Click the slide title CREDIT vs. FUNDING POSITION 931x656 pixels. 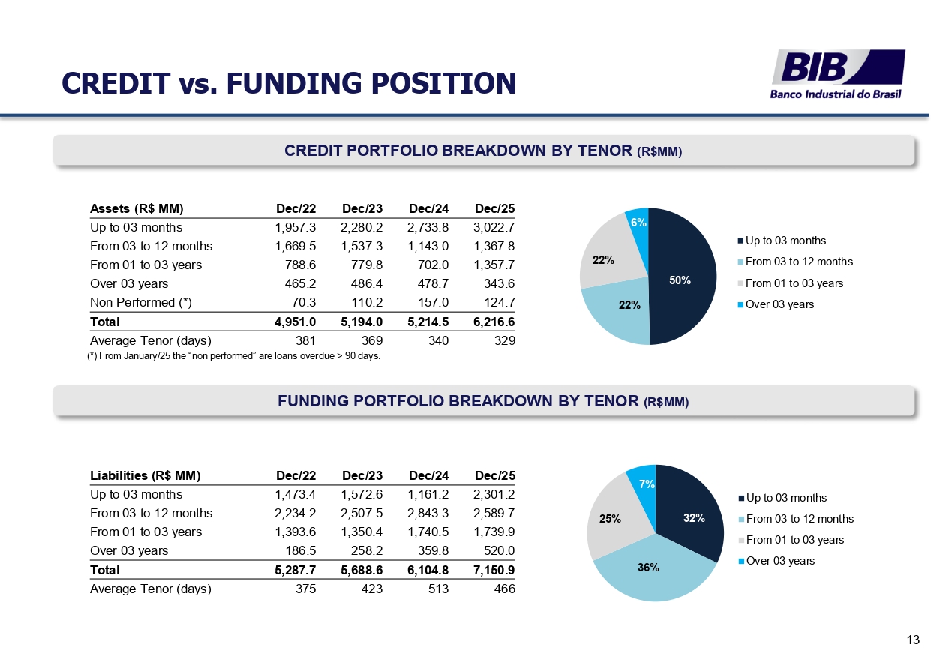click(289, 83)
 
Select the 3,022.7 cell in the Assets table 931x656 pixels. click(495, 227)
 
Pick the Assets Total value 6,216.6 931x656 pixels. click(495, 322)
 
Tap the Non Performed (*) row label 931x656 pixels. click(141, 303)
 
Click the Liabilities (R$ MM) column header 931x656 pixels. click(146, 475)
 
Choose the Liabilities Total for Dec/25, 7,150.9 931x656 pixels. click(495, 571)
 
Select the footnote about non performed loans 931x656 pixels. click(234, 356)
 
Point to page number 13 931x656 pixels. click(913, 640)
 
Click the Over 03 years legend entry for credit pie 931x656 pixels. click(779, 304)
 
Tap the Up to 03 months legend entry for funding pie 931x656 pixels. click(786, 498)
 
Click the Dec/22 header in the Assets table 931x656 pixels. click(296, 208)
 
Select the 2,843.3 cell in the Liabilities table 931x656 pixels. click(429, 514)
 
